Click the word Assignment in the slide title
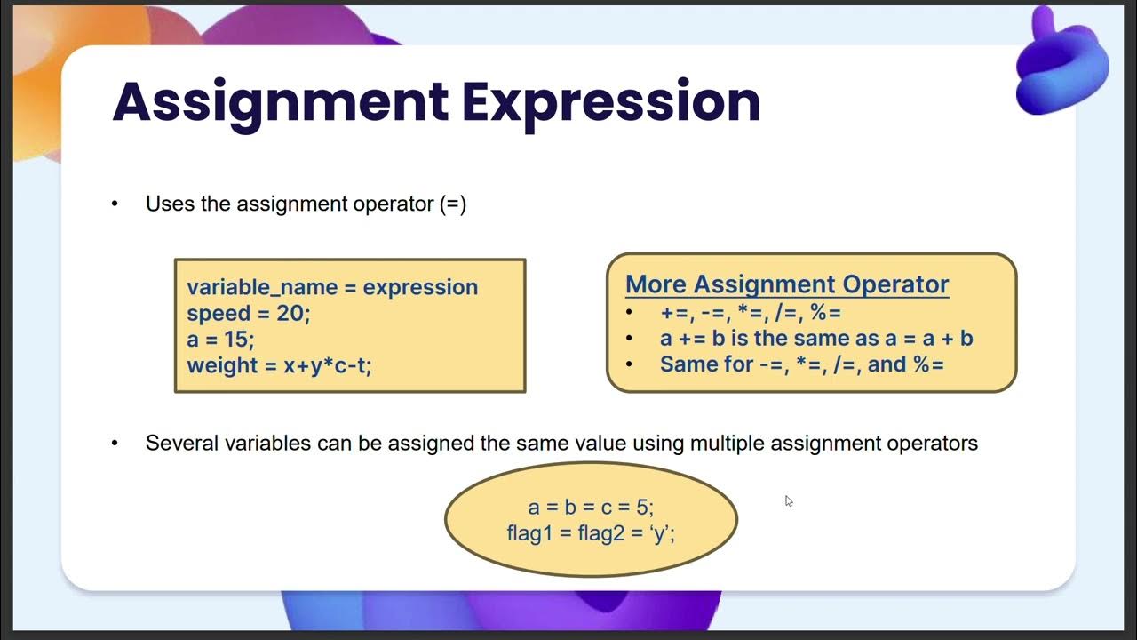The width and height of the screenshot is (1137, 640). click(280, 101)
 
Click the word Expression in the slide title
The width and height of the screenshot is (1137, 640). click(610, 101)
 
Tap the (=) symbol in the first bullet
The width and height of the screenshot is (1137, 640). click(452, 204)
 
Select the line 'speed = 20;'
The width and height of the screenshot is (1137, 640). click(249, 314)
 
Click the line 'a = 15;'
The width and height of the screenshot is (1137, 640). click(220, 340)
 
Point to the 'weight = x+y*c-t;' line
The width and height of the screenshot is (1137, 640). click(279, 365)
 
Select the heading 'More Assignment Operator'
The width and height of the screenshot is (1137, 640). click(787, 284)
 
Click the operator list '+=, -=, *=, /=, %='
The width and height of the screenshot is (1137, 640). click(751, 313)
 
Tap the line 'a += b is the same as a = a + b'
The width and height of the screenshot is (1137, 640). click(816, 339)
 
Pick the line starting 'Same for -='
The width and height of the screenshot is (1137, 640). click(801, 364)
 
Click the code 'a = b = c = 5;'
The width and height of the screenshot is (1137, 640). click(591, 508)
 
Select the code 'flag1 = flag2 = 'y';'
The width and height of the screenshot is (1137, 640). click(591, 534)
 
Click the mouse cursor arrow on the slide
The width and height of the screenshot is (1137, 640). click(788, 500)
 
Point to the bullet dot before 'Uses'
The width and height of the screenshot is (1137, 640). click(115, 204)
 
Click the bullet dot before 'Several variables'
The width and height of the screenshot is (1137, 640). click(115, 444)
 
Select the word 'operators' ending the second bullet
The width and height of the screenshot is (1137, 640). click(935, 443)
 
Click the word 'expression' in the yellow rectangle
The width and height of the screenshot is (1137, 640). click(420, 288)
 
